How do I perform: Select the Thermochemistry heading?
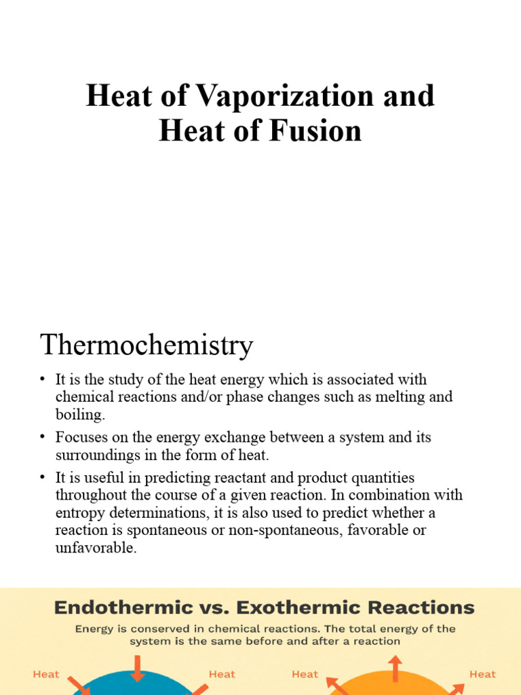147,345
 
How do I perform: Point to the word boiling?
79,413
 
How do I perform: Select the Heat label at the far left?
46,674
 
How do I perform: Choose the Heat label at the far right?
482,674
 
